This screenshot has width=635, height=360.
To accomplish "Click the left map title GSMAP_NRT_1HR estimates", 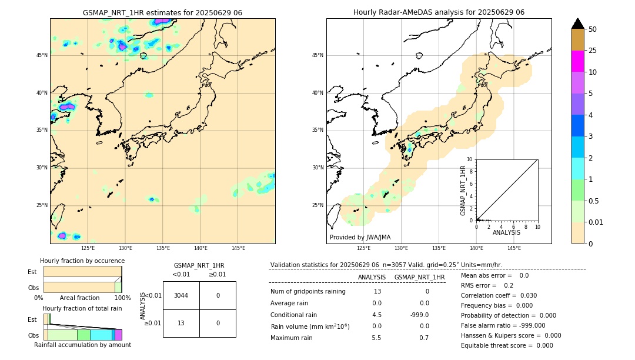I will (x=162, y=12).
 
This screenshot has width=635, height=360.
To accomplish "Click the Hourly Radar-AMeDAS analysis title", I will (x=439, y=12).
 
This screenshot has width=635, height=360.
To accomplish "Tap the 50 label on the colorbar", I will (x=593, y=29).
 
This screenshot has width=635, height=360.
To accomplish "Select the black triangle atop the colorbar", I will (x=577, y=24).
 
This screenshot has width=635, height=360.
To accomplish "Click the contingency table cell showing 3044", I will (x=181, y=295).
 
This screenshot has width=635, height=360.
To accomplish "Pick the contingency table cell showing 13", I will (x=181, y=323).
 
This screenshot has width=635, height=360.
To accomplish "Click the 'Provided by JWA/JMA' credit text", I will (x=360, y=237).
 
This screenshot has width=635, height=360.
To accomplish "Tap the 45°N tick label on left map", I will (x=42, y=55).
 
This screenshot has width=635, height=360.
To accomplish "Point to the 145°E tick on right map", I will (x=514, y=248).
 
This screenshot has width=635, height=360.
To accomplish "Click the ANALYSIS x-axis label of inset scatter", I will (x=506, y=232).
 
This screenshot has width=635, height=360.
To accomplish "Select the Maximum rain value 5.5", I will (x=376, y=338).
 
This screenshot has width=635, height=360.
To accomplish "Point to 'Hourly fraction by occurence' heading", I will (x=82, y=261).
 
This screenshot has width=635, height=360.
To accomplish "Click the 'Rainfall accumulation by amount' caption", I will (x=82, y=345).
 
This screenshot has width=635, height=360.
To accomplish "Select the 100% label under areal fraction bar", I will (x=122, y=298).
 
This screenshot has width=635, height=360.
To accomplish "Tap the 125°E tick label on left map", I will (x=88, y=248).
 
